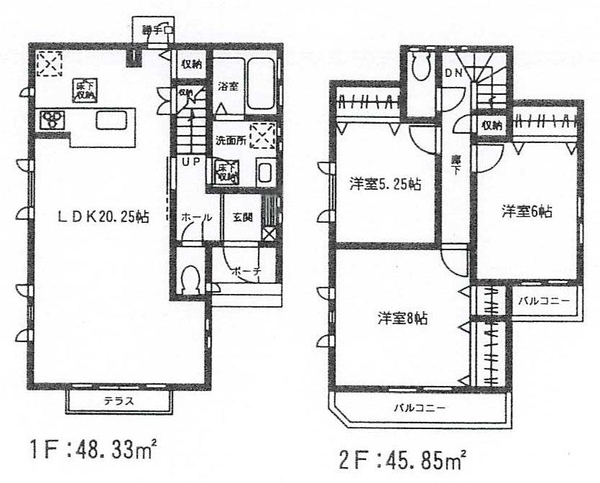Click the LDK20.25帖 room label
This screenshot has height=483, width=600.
[104, 216]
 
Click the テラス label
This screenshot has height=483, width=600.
[121, 400]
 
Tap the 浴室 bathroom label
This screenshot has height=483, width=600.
[228, 86]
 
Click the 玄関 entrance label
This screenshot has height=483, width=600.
[242, 216]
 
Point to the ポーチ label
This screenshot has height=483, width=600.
[246, 272]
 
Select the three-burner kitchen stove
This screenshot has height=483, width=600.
[52, 118]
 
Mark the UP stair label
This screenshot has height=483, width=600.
[190, 162]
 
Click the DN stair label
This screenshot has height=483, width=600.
[453, 72]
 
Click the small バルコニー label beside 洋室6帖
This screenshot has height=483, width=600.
[545, 301]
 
